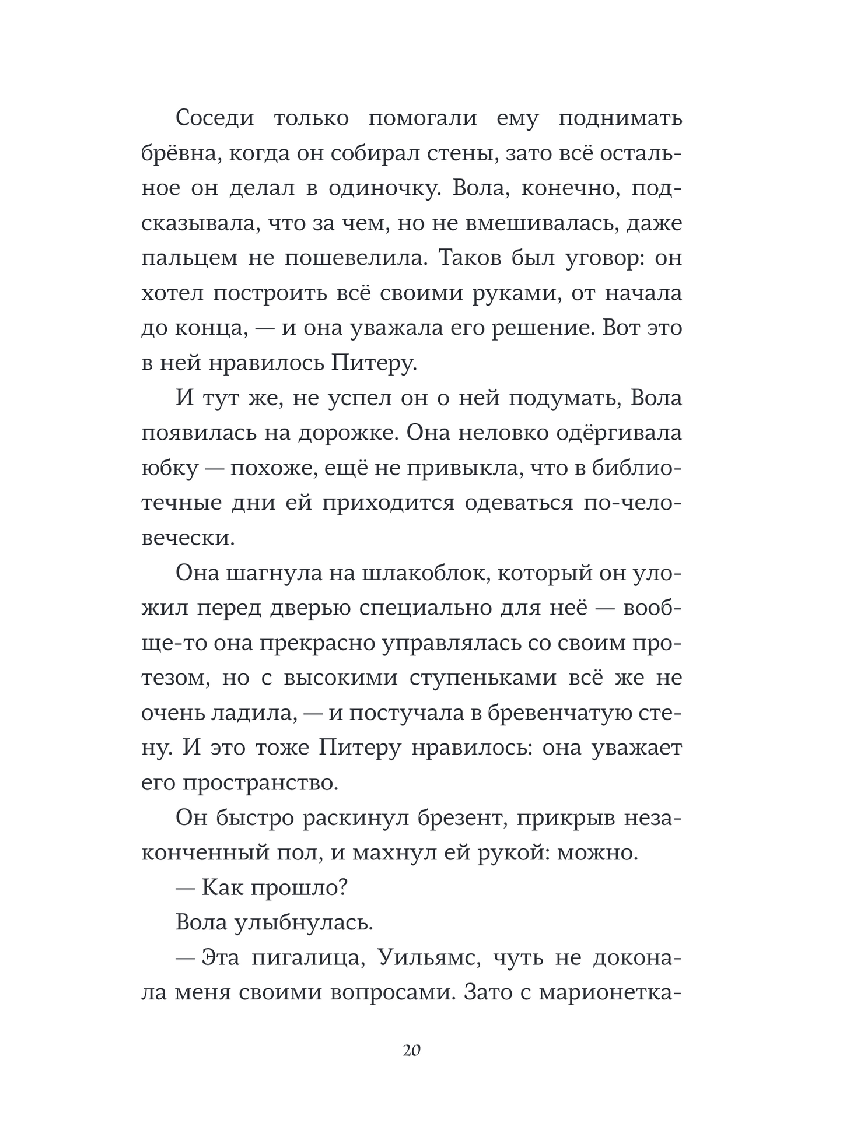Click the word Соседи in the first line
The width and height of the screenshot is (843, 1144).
[215, 118]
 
